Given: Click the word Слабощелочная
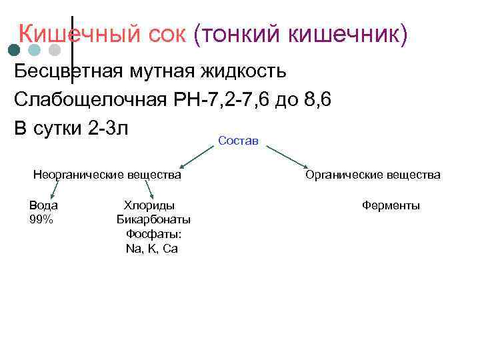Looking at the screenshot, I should point(89,100).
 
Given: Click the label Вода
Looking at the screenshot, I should point(43,205).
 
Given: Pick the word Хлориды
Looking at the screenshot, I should point(149,205).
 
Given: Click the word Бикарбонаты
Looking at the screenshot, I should point(153,219).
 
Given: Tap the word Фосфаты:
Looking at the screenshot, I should point(153,234).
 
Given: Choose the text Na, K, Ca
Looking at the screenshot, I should point(151,249).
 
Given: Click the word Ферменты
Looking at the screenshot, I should point(391,205).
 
